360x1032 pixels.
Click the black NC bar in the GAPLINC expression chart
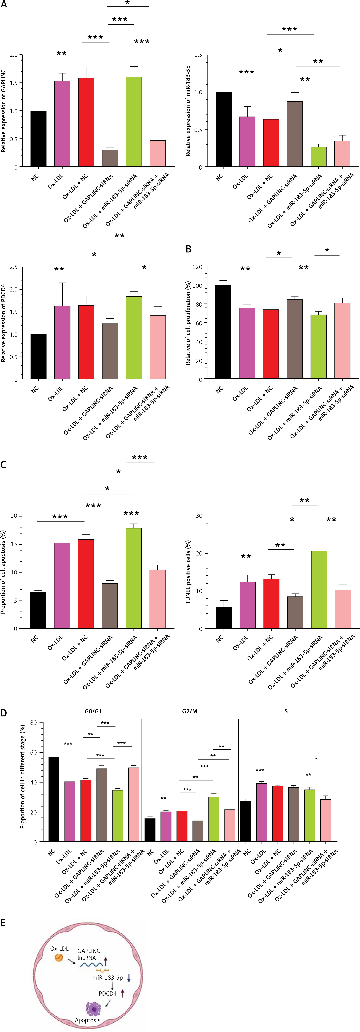tap(38, 139)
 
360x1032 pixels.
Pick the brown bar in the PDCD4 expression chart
tap(110, 351)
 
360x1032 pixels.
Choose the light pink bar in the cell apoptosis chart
tap(157, 599)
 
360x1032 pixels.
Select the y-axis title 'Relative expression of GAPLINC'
tap(4, 111)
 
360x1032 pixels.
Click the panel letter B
tap(188, 249)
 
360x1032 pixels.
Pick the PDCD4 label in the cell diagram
tap(108, 994)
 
